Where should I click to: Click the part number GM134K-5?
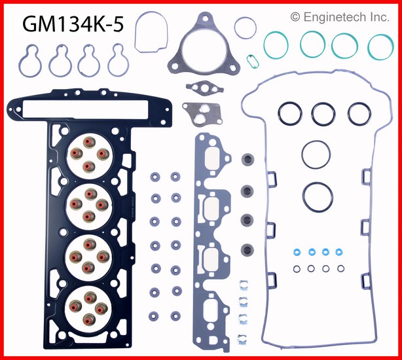click(73, 24)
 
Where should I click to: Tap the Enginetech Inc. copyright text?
click(340, 17)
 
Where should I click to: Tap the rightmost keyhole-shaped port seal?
click(110, 64)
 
